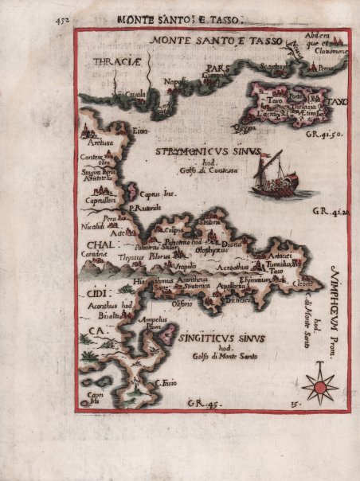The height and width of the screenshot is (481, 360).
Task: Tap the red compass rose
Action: coord(319,387)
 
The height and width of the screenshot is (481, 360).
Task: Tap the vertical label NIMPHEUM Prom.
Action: coord(334,303)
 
